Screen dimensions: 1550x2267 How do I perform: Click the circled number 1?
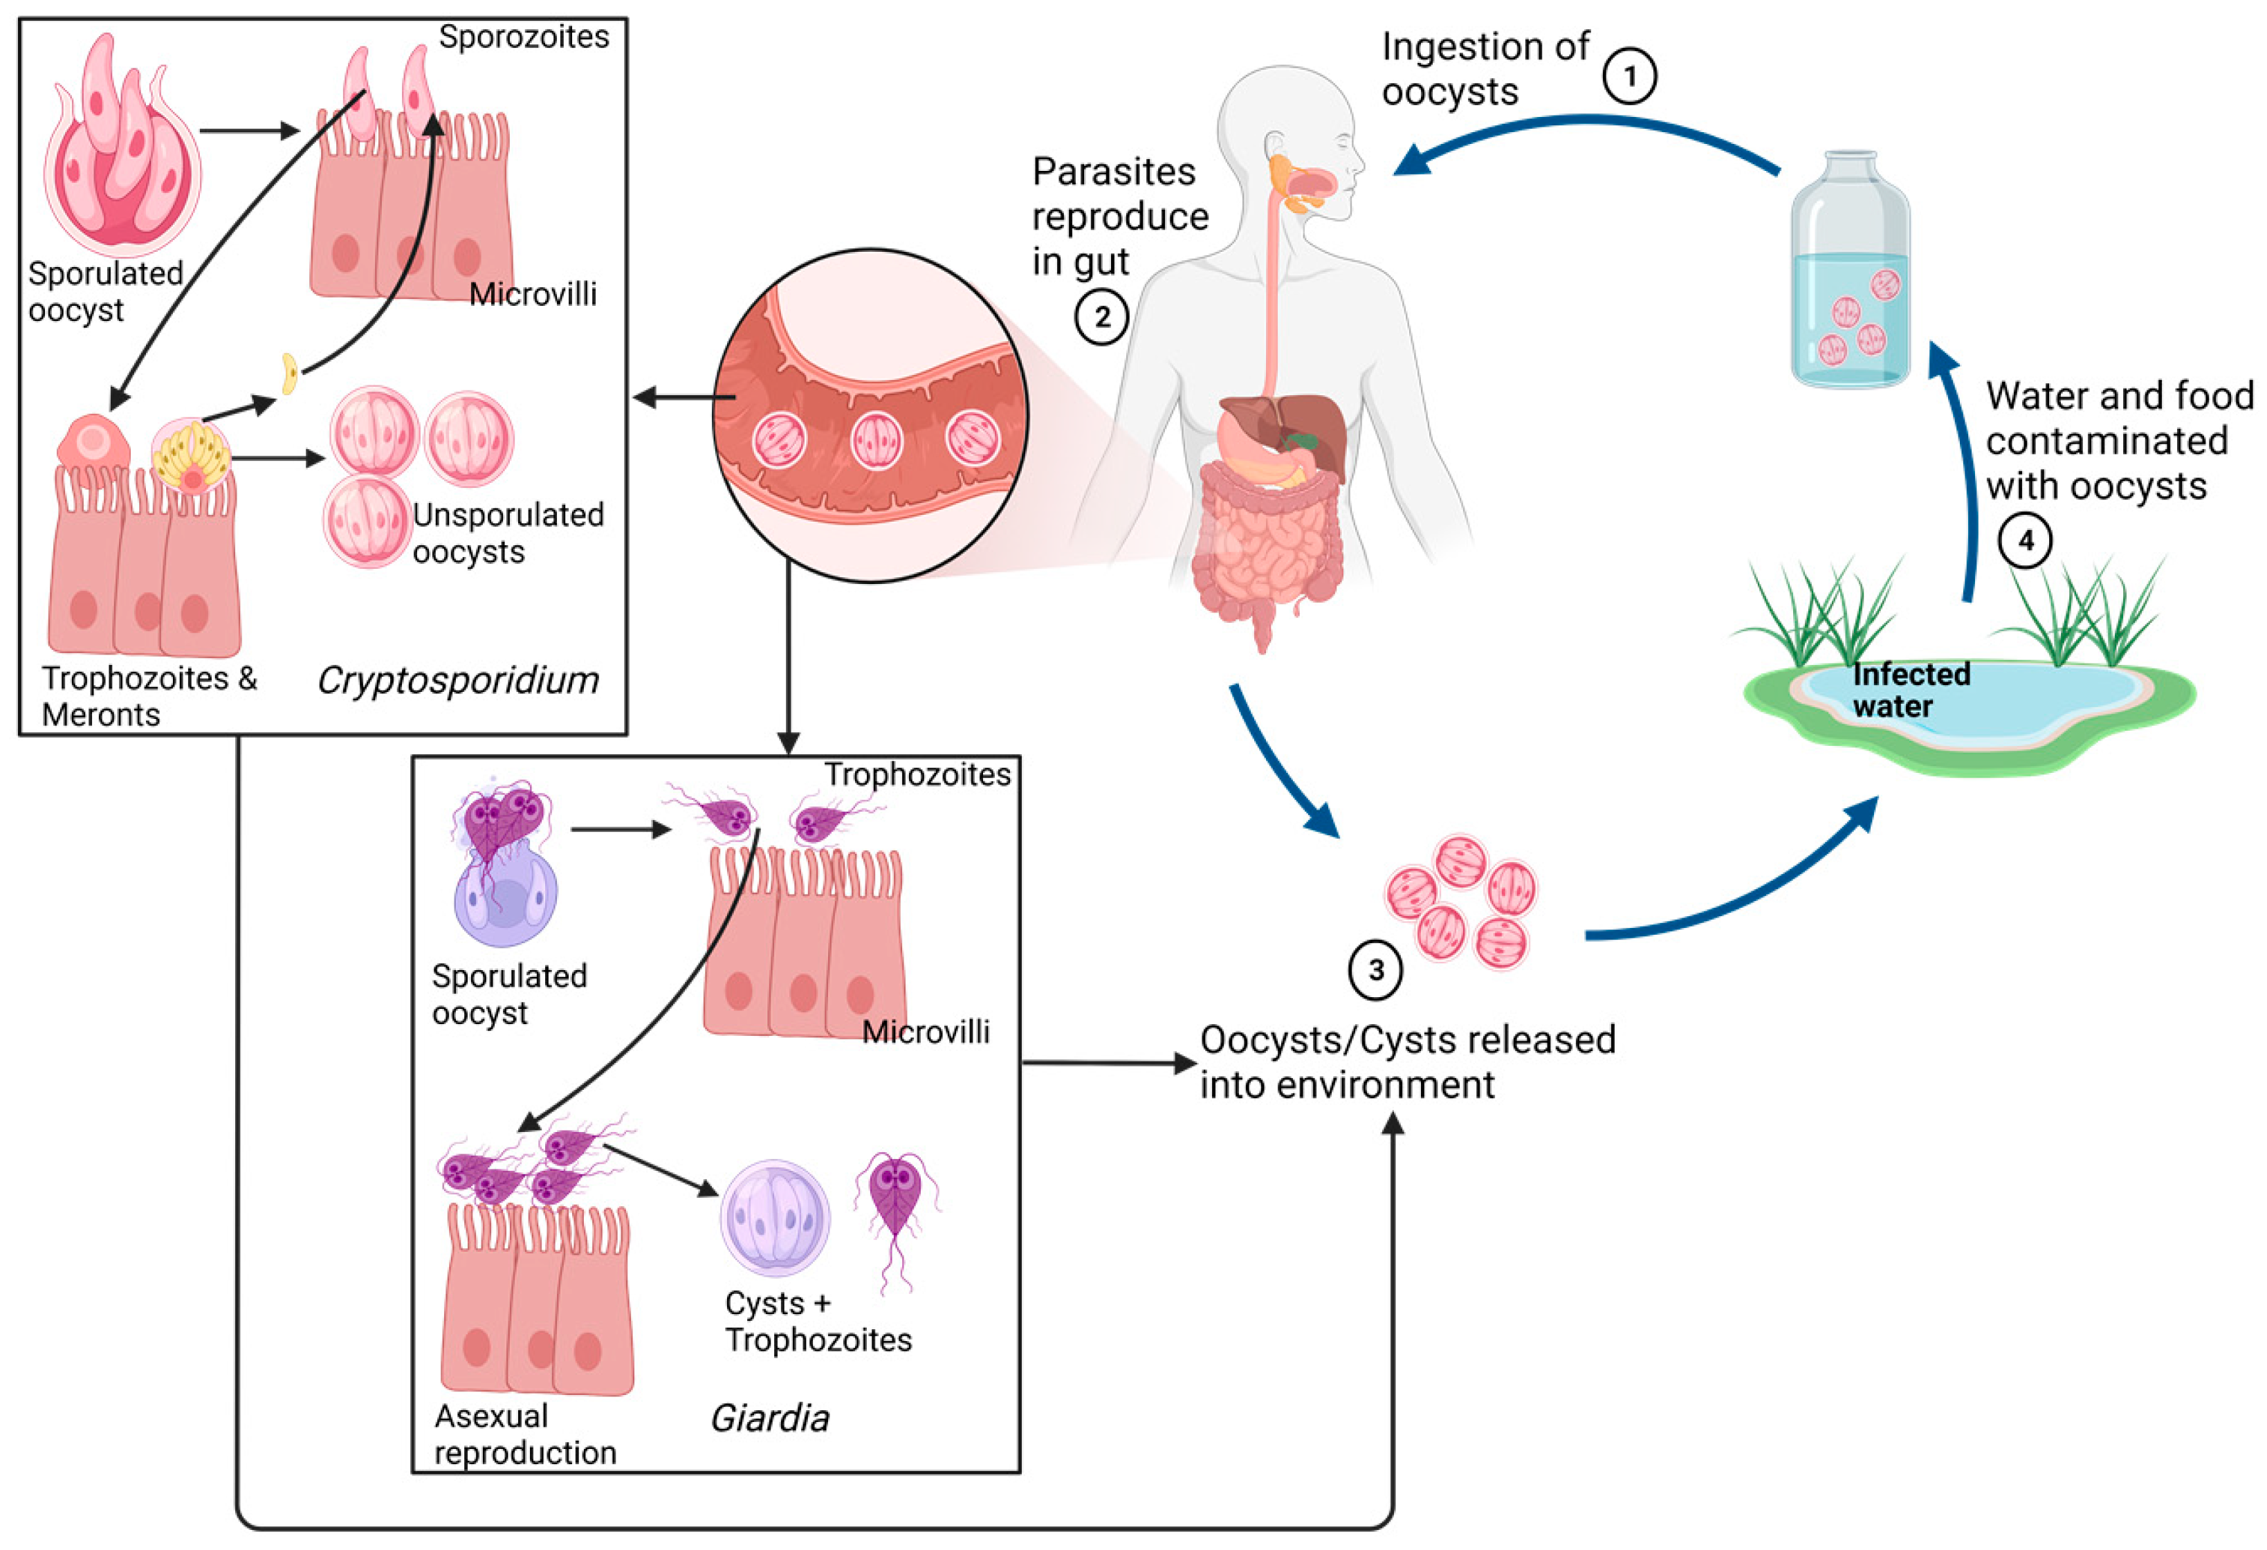1629,76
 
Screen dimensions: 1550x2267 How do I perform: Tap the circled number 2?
1102,317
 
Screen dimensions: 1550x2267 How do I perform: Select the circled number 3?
1375,969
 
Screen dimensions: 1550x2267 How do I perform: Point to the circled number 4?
2025,540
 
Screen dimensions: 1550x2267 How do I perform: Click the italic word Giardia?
770,1417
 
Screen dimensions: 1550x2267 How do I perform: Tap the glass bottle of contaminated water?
1851,273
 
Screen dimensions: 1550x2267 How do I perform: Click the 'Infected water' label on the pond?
1910,690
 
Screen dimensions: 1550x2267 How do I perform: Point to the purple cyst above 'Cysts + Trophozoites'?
775,1217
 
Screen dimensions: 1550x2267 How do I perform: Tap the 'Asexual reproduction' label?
525,1434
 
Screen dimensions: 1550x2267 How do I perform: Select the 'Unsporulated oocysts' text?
507,533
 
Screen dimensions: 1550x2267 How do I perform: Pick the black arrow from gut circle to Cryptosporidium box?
683,397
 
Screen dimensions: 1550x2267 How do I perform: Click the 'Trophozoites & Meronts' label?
148,695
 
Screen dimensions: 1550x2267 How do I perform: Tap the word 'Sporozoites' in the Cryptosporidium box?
524,37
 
